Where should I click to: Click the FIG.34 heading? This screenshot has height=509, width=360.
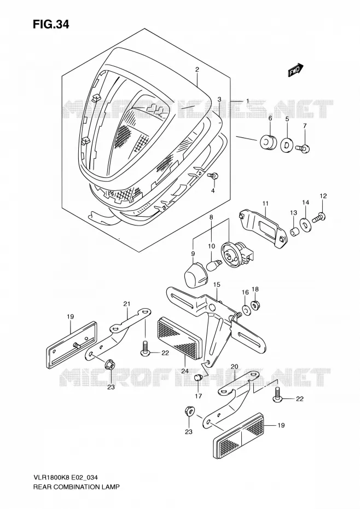pos(51,25)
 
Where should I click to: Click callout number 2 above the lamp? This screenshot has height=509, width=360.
pos(197,69)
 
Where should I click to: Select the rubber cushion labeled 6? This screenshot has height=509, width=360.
pos(268,141)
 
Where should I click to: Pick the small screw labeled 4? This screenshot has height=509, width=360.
pos(213,176)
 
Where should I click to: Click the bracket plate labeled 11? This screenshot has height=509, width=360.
pos(263,229)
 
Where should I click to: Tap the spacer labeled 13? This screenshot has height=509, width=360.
pos(294,233)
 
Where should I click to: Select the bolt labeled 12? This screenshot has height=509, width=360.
pos(320,217)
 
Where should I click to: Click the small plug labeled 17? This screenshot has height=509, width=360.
pos(198,378)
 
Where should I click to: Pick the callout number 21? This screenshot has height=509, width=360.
pos(126,304)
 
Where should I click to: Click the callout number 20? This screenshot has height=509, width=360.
pos(234,367)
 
